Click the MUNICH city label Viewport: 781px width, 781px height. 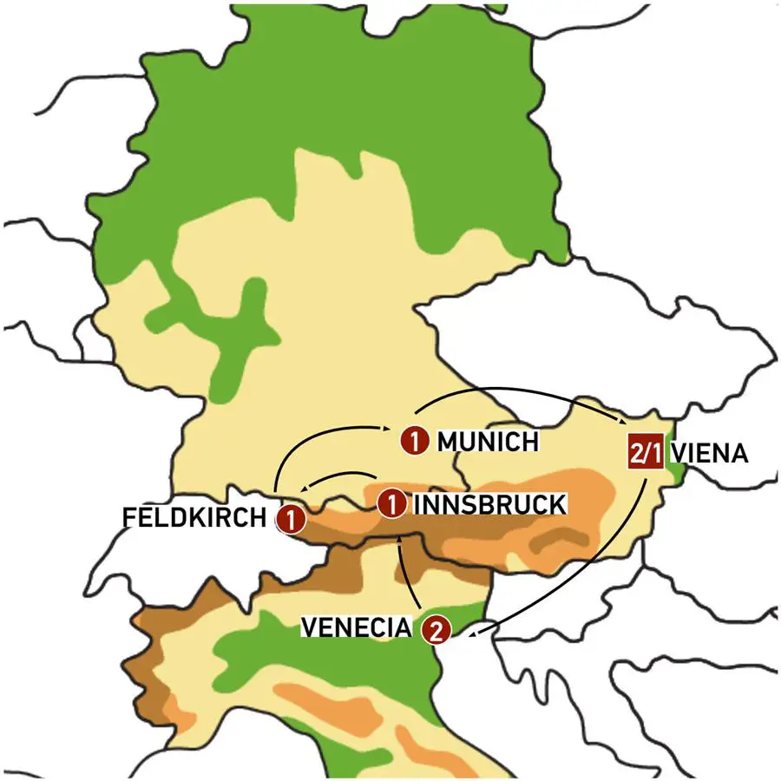[488, 442]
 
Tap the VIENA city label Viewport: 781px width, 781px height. [709, 455]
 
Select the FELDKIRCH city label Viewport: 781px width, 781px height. [194, 518]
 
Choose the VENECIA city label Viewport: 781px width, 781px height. [355, 627]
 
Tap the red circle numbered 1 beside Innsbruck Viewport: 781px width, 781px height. [393, 502]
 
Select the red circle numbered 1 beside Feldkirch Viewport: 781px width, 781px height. [291, 520]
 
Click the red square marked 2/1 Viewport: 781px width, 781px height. [645, 454]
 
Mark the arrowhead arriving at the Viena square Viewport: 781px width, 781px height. [627, 423]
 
